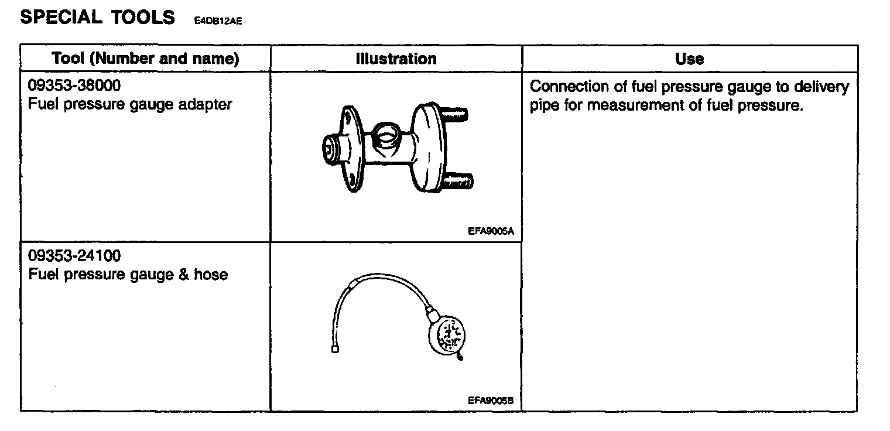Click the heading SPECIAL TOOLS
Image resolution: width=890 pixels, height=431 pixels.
click(97, 18)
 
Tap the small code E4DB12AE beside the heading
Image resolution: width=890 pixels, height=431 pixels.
click(218, 21)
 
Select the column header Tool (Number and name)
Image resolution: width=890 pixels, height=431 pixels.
click(145, 59)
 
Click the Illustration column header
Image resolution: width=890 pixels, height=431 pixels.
click(396, 59)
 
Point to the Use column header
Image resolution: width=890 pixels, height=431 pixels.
click(689, 59)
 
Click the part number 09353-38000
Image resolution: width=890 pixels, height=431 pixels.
click(74, 86)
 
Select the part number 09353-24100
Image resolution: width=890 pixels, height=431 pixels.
click(74, 256)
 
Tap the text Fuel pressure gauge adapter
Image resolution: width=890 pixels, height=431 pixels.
click(130, 105)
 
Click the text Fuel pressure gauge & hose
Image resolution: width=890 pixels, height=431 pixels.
click(128, 274)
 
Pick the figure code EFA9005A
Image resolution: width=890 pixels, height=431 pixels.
click(491, 231)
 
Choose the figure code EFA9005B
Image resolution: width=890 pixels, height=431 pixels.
click(491, 401)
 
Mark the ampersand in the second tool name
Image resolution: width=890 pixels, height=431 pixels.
click(185, 274)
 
